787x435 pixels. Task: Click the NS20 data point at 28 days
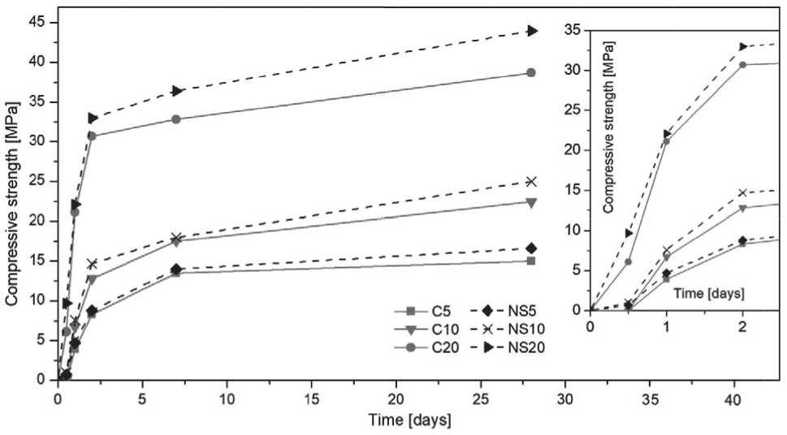point(532,31)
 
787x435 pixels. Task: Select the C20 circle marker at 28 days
point(531,73)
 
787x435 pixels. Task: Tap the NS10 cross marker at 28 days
point(531,182)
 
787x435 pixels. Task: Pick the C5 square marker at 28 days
point(531,261)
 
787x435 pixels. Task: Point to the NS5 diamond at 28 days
point(531,248)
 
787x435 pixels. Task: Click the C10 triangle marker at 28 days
point(531,202)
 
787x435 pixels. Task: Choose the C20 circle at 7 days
point(176,119)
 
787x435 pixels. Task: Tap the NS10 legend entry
point(519,329)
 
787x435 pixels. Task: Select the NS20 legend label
point(519,347)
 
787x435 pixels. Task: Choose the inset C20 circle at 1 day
point(667,141)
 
